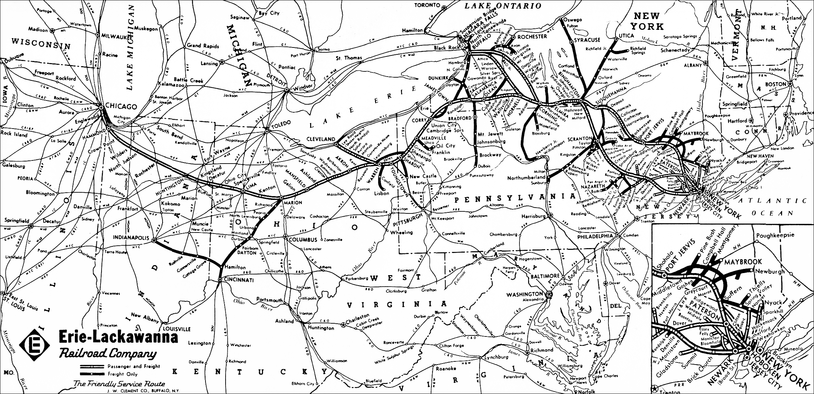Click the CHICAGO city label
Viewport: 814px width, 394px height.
pyautogui.click(x=121, y=106)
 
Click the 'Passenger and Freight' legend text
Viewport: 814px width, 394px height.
pyautogui.click(x=133, y=366)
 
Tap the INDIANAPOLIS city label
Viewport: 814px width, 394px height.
pyautogui.click(x=131, y=238)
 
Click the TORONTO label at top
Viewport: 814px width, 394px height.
pyautogui.click(x=427, y=5)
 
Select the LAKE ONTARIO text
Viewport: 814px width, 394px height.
pyautogui.click(x=502, y=6)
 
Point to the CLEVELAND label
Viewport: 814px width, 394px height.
pyautogui.click(x=321, y=139)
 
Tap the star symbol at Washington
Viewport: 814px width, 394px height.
pyautogui.click(x=549, y=294)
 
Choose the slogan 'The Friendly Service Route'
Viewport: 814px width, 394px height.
pyautogui.click(x=119, y=384)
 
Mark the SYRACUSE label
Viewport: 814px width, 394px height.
pyautogui.click(x=586, y=41)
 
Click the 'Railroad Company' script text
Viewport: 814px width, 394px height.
pyautogui.click(x=107, y=354)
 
